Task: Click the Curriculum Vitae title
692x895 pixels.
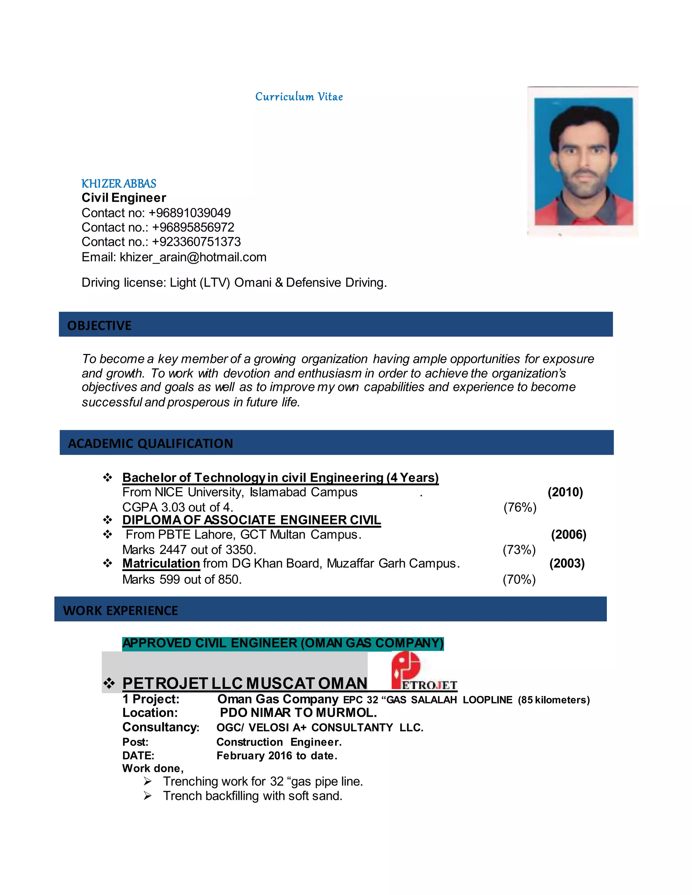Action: click(299, 97)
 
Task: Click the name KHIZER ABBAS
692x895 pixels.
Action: click(119, 184)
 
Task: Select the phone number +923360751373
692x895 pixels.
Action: click(196, 242)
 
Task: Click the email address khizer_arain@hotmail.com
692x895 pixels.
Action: click(193, 257)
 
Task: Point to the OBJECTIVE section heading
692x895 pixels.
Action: click(99, 325)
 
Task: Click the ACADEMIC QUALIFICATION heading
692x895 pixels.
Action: click(150, 443)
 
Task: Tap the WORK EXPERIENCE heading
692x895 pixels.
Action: click(121, 611)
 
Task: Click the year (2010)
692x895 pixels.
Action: click(565, 492)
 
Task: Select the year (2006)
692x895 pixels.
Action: click(568, 534)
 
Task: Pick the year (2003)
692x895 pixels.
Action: click(567, 563)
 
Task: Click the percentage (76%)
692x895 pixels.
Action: click(520, 507)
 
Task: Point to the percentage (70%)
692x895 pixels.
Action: click(519, 580)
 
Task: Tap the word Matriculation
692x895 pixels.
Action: click(161, 563)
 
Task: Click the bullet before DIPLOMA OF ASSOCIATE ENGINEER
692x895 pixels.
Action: click(107, 520)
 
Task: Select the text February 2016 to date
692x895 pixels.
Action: click(277, 756)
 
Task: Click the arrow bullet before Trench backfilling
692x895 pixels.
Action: click(148, 796)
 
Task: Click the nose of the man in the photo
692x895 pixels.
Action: click(584, 162)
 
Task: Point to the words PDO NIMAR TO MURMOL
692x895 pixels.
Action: click(298, 713)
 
